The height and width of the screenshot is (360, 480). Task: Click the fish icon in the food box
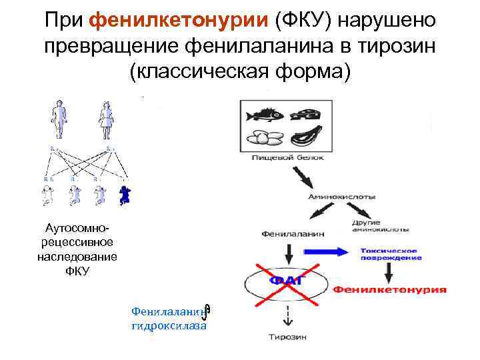265,115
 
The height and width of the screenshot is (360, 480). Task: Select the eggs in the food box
265,139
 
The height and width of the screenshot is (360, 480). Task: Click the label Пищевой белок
288,158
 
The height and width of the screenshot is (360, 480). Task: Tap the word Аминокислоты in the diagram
341,197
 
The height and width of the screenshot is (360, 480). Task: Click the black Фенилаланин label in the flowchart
289,235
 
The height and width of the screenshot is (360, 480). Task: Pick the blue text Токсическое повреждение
390,253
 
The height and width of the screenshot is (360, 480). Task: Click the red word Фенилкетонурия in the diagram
390,290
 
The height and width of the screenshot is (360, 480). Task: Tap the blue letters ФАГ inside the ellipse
286,280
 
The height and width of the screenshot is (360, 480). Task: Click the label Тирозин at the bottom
288,337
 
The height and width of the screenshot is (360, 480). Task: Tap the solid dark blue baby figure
125,194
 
